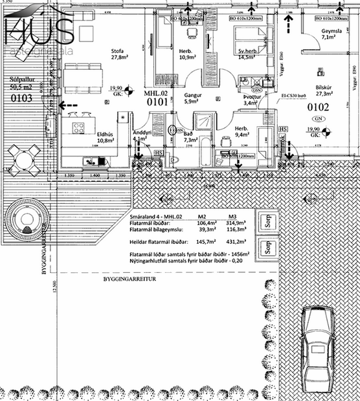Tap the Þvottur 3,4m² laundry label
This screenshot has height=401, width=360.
(250, 99)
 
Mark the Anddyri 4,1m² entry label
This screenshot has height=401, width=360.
(141, 135)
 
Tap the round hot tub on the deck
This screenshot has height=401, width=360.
(27, 222)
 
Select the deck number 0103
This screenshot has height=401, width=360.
(22, 98)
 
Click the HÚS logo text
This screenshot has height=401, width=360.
(39, 29)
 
